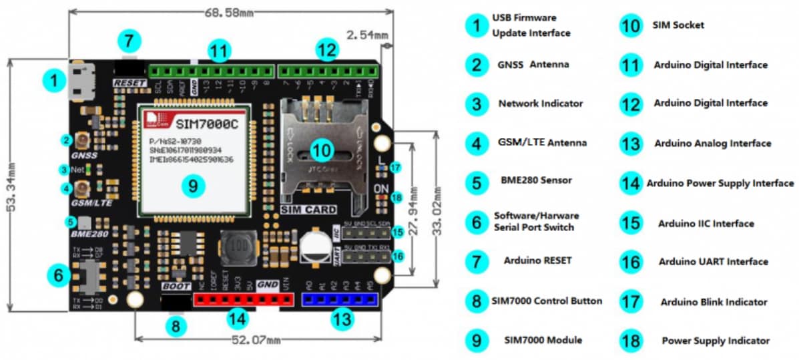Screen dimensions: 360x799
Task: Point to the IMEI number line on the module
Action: (x=190, y=160)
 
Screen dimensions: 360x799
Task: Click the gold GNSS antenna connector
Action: (x=84, y=141)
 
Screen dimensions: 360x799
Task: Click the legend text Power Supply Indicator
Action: (x=715, y=341)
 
